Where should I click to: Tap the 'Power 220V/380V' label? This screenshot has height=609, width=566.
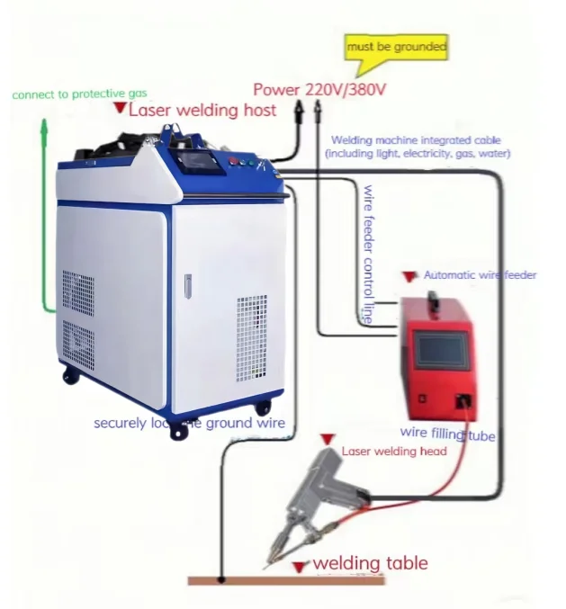319,89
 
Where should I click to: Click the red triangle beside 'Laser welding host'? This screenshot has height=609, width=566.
120,108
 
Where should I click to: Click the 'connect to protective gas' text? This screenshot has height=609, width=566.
79,93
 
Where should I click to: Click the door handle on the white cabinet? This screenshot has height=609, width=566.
187,286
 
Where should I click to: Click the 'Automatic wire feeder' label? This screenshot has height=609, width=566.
479,274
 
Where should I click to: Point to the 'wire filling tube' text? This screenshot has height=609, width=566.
448,435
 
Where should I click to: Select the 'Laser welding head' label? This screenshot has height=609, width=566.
394,451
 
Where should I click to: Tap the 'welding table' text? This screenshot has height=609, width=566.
370,564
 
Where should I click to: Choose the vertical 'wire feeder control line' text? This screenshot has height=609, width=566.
367,253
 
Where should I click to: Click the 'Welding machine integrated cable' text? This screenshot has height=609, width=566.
417,140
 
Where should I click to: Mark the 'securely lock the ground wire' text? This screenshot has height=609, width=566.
190,423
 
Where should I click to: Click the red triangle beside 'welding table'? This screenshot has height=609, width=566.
301,567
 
